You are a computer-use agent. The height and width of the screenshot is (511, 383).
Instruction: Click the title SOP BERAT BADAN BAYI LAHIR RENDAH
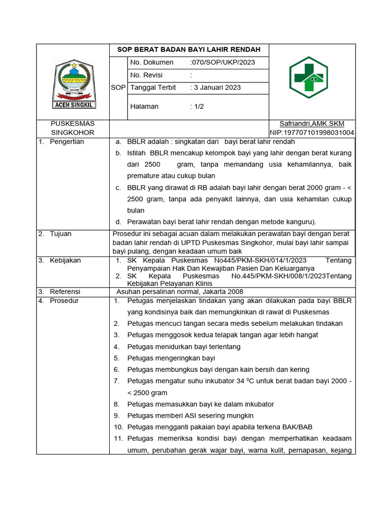pos(189,50)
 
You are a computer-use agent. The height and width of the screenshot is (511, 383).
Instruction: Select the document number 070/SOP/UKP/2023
pos(222,62)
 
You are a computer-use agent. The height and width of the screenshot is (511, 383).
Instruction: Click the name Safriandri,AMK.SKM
pos(312,124)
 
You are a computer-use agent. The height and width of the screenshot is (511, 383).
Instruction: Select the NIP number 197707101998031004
pos(312,133)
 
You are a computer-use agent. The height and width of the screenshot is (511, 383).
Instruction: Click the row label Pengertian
pos(67,142)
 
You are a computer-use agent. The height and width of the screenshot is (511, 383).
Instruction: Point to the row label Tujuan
pos(60,234)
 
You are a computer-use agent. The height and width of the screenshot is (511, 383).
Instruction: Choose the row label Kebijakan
pos(65,260)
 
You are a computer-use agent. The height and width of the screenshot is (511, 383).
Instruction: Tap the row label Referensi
pos(65,291)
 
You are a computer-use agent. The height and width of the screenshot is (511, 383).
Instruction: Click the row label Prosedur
pos(64,301)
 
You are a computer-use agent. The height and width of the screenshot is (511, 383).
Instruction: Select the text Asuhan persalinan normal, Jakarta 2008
pos(180,291)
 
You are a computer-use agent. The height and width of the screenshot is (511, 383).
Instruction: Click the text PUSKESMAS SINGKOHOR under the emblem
pos(73,128)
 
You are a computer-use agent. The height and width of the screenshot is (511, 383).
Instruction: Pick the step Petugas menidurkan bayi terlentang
pos(184,346)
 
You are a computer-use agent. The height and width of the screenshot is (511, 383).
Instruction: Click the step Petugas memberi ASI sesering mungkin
pos(191,415)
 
